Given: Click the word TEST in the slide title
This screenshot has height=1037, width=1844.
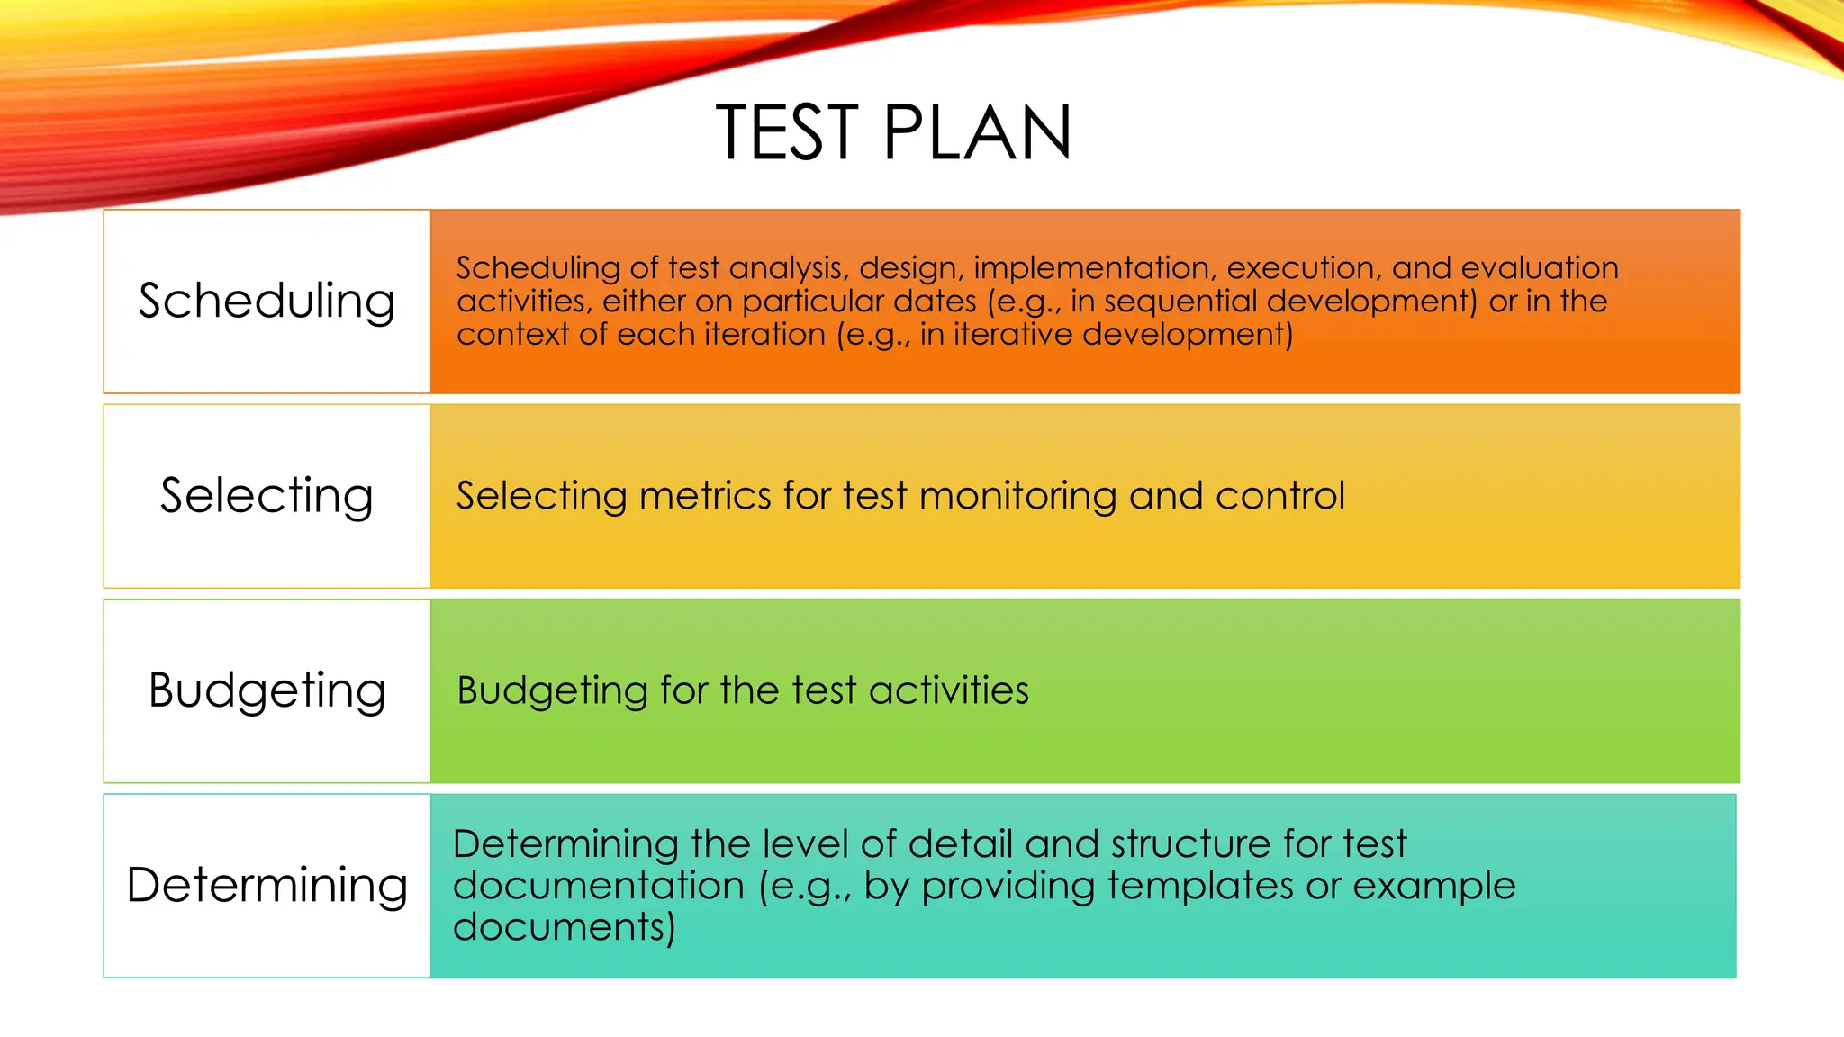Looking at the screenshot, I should [787, 133].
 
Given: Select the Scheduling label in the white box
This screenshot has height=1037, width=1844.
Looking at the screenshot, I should [267, 301].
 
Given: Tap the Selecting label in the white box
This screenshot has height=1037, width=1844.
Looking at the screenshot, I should [267, 495].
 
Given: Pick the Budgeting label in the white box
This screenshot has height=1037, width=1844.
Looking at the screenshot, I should [267, 690].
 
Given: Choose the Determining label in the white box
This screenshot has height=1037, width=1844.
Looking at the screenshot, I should [267, 885].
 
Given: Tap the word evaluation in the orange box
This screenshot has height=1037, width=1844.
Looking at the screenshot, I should [1539, 268].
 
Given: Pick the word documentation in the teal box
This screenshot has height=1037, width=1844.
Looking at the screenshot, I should [598, 886].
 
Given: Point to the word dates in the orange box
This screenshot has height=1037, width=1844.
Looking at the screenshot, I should [936, 302].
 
